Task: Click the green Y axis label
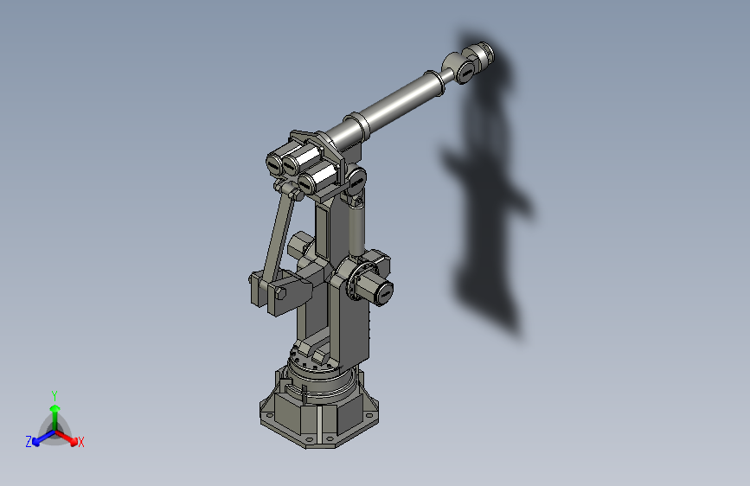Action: (x=54, y=394)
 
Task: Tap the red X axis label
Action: (x=80, y=443)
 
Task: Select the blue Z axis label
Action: (x=29, y=441)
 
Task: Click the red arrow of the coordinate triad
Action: (x=68, y=437)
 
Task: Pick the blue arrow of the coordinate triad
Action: (x=40, y=437)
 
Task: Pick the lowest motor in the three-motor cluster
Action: (x=316, y=180)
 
